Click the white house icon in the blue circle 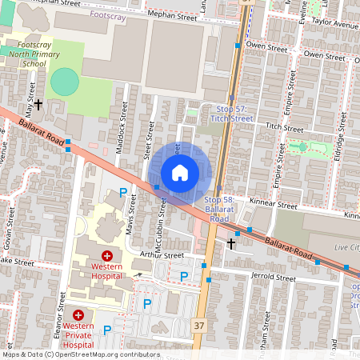(180, 172)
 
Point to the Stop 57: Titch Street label (230, 113)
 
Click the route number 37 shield (199, 325)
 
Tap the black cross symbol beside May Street (38, 105)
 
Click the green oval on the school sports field (65, 81)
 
